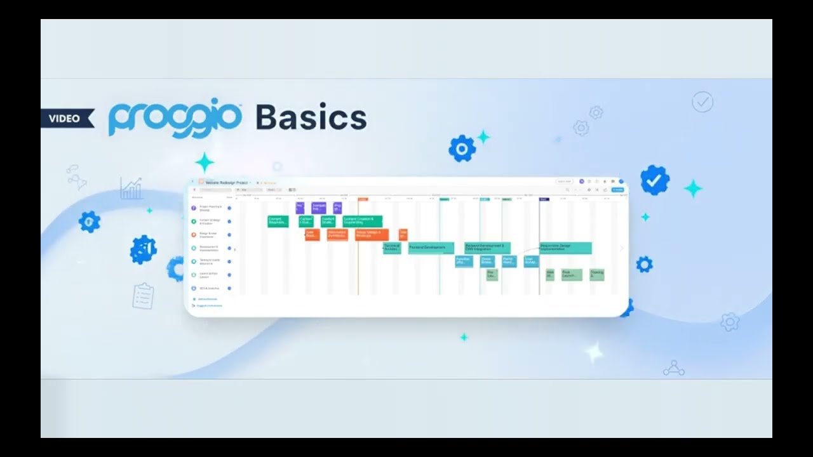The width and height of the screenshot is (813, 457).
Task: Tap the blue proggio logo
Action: [175, 119]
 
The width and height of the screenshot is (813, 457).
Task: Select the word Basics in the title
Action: [311, 118]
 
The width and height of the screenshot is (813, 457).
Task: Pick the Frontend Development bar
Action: [431, 248]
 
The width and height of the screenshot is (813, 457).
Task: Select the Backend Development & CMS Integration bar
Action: [487, 248]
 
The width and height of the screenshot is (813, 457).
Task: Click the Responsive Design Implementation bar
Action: [565, 248]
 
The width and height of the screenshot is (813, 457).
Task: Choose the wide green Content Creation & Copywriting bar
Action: [362, 221]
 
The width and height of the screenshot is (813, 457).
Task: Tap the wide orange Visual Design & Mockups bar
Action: [372, 234]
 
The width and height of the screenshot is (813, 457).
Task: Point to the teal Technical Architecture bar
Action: [392, 248]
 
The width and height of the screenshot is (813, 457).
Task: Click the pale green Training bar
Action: [596, 274]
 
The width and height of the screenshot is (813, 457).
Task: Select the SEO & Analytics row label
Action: [209, 288]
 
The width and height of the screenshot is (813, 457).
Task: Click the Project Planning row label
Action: [209, 208]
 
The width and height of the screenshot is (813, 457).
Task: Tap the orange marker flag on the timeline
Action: [362, 199]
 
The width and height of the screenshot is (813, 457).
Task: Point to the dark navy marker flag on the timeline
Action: [544, 199]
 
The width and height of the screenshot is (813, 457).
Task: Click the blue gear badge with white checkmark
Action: [654, 180]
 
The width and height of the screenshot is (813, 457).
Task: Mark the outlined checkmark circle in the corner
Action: [702, 102]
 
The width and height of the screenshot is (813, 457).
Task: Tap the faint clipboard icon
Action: [144, 296]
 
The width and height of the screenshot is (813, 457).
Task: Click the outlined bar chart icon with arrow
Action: [131, 189]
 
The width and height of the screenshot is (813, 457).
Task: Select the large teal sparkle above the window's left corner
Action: [205, 162]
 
